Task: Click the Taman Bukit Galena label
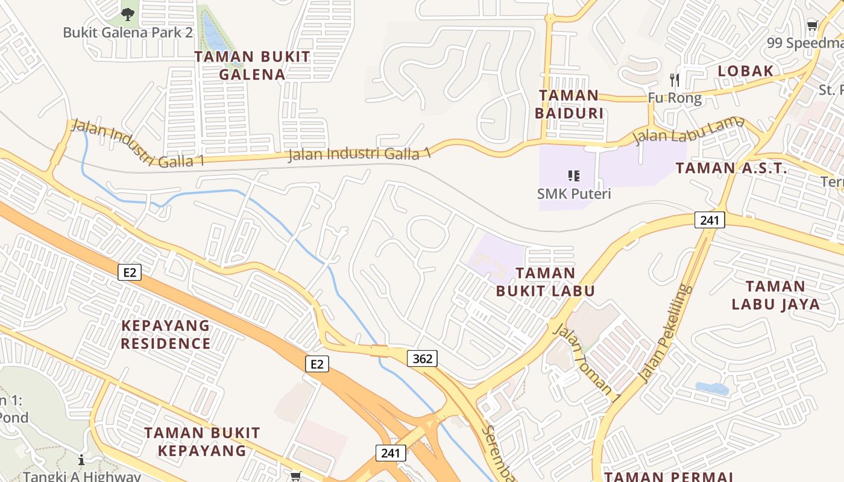pyautogui.click(x=252, y=66)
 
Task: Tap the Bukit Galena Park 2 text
pyautogui.click(x=128, y=33)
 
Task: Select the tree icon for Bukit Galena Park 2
pyautogui.click(x=128, y=14)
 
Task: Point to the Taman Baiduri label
pyautogui.click(x=569, y=104)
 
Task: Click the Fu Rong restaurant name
pyautogui.click(x=675, y=98)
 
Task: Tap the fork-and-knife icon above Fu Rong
pyautogui.click(x=675, y=80)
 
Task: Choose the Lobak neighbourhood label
pyautogui.click(x=745, y=71)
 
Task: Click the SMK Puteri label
pyautogui.click(x=574, y=194)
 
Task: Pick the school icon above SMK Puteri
pyautogui.click(x=574, y=176)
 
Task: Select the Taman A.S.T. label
pyautogui.click(x=731, y=168)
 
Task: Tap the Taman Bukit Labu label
pyautogui.click(x=546, y=282)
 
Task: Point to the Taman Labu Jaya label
pyautogui.click(x=776, y=295)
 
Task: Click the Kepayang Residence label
pyautogui.click(x=166, y=335)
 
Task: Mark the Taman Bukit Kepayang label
pyautogui.click(x=202, y=442)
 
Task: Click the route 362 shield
pyautogui.click(x=423, y=359)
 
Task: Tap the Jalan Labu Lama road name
pyautogui.click(x=689, y=131)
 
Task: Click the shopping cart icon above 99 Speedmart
pyautogui.click(x=812, y=25)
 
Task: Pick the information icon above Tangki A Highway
pyautogui.click(x=81, y=460)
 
